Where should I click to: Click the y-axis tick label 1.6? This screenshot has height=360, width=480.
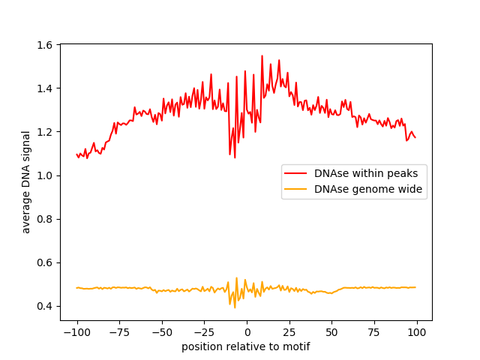click(46, 45)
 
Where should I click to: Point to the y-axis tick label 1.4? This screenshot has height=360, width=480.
click(46, 88)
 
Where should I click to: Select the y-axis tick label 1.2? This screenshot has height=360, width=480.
click(46, 132)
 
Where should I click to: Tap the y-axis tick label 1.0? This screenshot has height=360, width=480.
click(46, 175)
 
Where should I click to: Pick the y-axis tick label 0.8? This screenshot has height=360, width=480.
click(46, 219)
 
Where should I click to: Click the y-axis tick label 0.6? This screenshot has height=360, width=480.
click(46, 262)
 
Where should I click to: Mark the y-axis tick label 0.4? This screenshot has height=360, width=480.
click(46, 306)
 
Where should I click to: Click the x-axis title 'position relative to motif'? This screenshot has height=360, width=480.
click(245, 346)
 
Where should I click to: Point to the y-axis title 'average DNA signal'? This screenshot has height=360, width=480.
click(26, 181)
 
